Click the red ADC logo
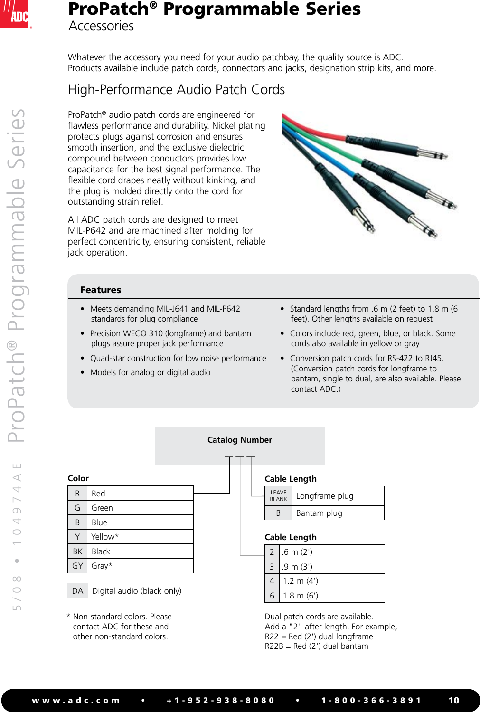[x=15, y=15]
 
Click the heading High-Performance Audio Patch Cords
[x=176, y=90]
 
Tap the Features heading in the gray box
[x=101, y=290]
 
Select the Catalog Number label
[x=240, y=440]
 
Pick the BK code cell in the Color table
[x=78, y=551]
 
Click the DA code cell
[x=78, y=591]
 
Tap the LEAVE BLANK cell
[x=278, y=496]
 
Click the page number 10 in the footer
[x=454, y=701]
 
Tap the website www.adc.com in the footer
[x=76, y=701]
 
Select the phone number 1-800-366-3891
[x=371, y=701]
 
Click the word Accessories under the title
[x=101, y=26]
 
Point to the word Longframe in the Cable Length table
[x=315, y=496]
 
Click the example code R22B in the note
[x=274, y=646]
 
